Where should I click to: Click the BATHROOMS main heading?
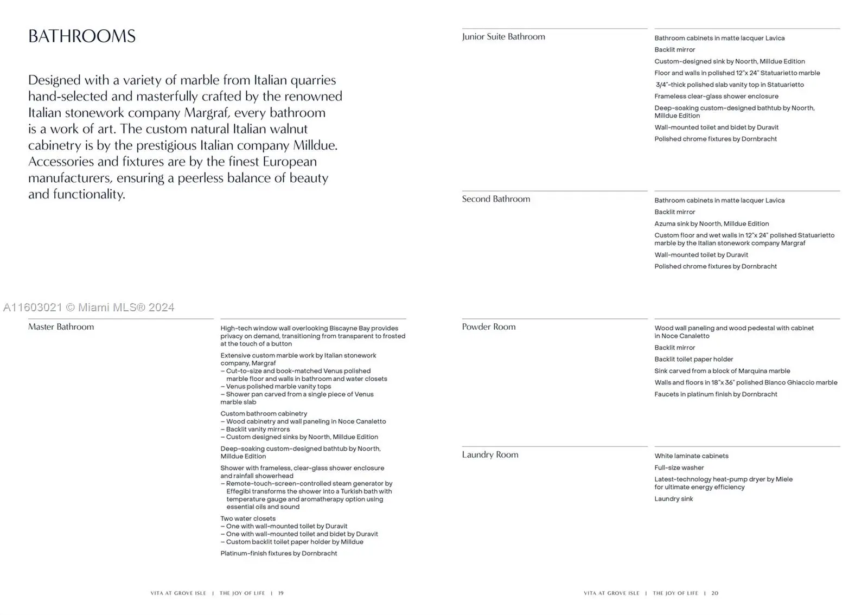pos(82,36)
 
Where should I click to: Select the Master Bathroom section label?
pos(61,327)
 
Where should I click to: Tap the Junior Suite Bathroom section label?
pos(503,37)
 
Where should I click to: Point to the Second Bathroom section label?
pos(496,199)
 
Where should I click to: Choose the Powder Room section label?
pos(489,327)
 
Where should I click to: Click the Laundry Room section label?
pos(490,455)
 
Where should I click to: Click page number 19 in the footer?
pos(281,593)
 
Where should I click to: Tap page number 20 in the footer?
pos(715,593)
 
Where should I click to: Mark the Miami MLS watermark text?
pos(89,307)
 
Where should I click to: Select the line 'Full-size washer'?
pos(679,468)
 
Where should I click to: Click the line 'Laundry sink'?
pos(674,499)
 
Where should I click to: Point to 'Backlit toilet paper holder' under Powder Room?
pos(694,360)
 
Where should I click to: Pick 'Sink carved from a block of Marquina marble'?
pos(722,371)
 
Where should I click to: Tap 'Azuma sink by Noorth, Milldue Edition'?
pos(712,224)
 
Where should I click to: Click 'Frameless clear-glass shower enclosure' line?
pos(716,97)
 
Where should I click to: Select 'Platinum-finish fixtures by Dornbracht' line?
pos(279,554)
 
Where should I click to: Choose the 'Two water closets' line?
pos(248,518)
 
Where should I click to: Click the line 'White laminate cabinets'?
pos(692,456)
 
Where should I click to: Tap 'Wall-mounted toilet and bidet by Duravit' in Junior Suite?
pos(716,127)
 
